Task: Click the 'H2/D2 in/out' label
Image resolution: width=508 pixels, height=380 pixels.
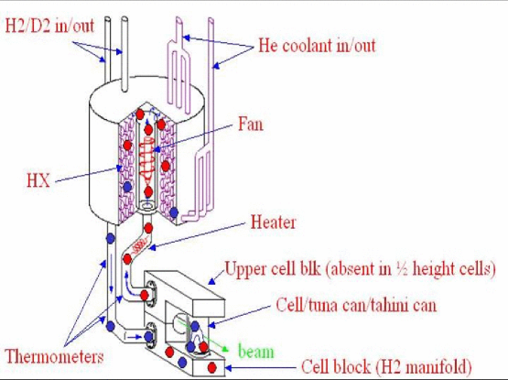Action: pos(49,26)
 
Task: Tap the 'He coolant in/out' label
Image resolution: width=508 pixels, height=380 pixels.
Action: pos(317,46)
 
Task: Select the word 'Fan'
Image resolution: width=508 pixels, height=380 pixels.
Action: pos(251,125)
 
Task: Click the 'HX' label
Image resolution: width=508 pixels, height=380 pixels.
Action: pos(38,180)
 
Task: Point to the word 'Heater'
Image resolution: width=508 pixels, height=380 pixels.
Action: pos(273,223)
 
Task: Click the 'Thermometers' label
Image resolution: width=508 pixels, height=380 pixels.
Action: pos(54,356)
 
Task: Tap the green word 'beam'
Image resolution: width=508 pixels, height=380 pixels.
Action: pos(256,352)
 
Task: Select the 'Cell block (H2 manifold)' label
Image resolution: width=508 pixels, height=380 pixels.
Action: pos(386,367)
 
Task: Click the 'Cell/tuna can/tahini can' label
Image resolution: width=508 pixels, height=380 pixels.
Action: pos(356,305)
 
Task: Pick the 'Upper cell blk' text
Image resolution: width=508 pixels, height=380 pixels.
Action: pos(273,269)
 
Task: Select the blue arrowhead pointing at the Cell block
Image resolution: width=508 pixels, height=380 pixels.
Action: pos(229,368)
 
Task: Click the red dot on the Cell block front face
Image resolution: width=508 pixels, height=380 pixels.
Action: pos(212,367)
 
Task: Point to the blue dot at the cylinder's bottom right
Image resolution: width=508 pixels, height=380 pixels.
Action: pos(174,212)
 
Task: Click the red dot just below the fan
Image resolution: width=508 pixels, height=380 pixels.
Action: pos(148,192)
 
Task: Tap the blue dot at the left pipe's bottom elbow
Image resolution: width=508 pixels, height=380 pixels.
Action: pos(111,326)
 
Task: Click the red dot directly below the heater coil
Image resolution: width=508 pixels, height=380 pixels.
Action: pos(127,259)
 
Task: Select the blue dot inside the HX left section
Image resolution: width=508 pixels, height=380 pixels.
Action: pos(127,187)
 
